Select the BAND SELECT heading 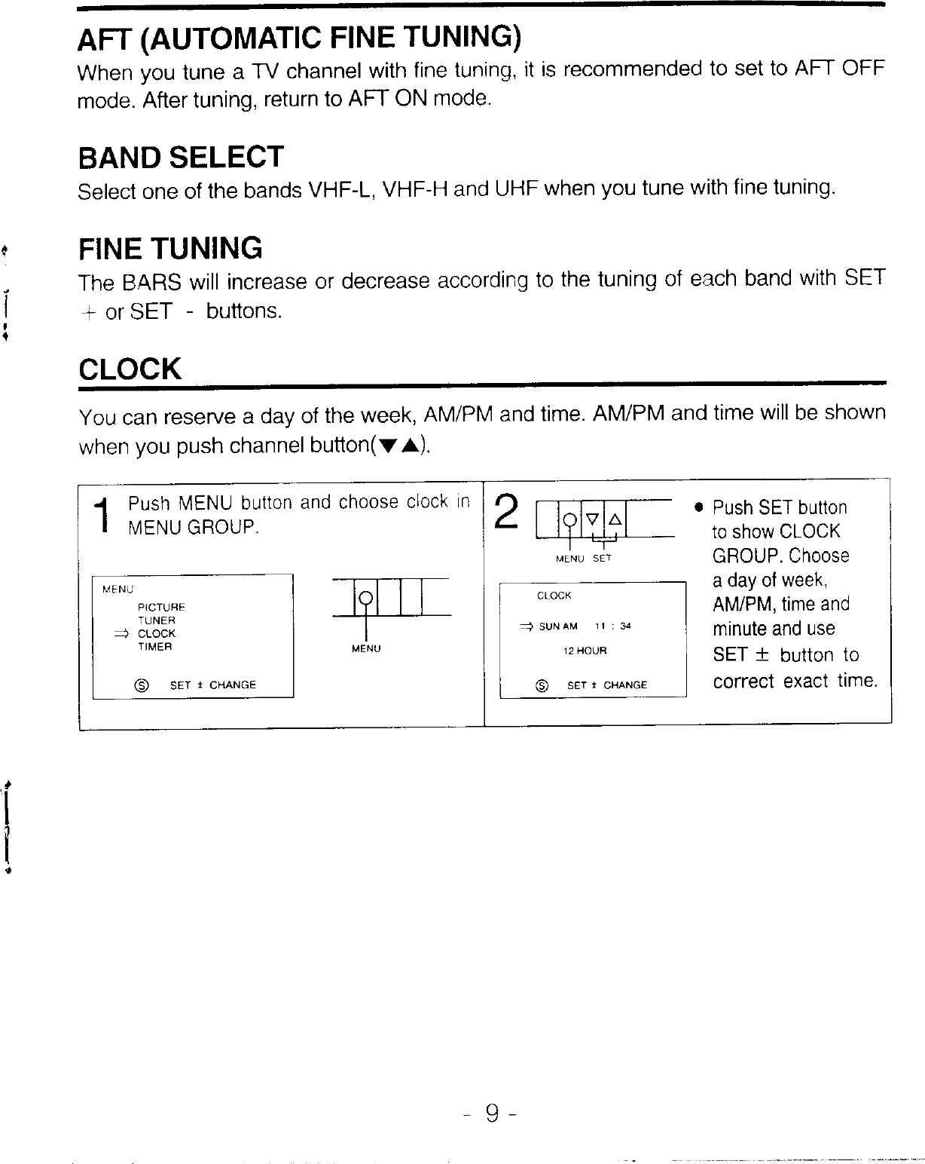click(181, 158)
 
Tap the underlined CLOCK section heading click(130, 369)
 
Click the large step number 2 click(509, 511)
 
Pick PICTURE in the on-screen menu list click(161, 607)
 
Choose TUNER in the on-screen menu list click(157, 620)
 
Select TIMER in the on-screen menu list click(155, 647)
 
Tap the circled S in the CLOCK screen click(540, 685)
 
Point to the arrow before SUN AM click(527, 626)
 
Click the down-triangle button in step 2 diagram click(591, 519)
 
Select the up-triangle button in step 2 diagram click(614, 519)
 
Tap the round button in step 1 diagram click(365, 599)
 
